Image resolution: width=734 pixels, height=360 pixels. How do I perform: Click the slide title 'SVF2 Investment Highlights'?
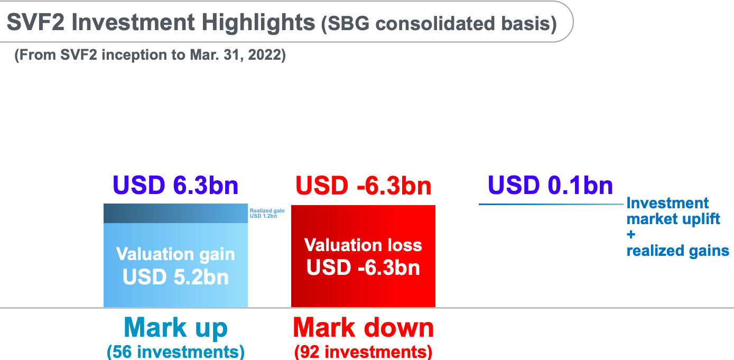click(161, 22)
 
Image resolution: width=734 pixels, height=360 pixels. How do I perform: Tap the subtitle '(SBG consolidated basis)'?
click(439, 24)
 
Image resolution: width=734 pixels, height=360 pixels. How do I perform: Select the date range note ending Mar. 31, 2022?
click(150, 55)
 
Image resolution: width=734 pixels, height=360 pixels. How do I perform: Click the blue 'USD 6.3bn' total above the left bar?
click(175, 185)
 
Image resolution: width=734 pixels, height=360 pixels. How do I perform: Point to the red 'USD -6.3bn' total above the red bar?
click(363, 186)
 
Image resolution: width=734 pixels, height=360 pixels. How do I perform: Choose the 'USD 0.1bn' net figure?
click(550, 185)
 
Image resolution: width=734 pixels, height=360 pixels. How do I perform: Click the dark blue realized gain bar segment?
click(175, 214)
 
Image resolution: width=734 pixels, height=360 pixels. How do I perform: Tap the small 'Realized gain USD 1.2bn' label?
click(267, 213)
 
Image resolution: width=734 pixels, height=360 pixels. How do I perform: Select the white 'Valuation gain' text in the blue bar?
click(175, 254)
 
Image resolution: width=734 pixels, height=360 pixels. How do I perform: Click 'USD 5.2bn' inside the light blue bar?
click(175, 277)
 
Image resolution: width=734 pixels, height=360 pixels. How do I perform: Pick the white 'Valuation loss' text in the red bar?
click(363, 245)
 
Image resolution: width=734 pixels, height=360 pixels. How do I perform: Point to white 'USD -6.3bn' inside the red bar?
click(363, 267)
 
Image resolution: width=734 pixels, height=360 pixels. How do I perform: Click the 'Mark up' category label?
click(175, 328)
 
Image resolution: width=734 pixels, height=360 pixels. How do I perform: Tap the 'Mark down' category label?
click(363, 328)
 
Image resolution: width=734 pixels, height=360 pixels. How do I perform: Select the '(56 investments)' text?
click(175, 352)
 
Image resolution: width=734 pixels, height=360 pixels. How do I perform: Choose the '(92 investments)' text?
click(363, 352)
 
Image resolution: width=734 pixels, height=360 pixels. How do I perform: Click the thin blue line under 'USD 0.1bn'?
click(551, 204)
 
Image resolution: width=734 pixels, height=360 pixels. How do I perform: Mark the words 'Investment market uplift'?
click(673, 211)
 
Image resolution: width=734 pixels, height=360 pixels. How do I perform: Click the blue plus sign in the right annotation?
click(631, 235)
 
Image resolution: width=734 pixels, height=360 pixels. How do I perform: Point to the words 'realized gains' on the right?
click(677, 251)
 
